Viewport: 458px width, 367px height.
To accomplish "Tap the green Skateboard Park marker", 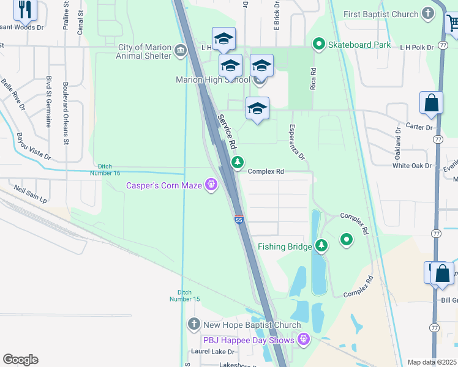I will pyautogui.click(x=318, y=44).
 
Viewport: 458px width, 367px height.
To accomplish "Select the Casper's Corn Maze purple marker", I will pyautogui.click(x=212, y=184).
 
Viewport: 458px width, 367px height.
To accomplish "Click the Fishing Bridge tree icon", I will pyautogui.click(x=321, y=246).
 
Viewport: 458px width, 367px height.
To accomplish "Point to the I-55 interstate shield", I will pyautogui.click(x=238, y=219).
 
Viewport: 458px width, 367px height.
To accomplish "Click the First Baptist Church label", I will pyautogui.click(x=381, y=14).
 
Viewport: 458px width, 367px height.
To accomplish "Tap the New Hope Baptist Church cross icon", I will pyautogui.click(x=193, y=324).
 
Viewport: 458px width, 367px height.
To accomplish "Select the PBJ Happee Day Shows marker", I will pyautogui.click(x=303, y=338).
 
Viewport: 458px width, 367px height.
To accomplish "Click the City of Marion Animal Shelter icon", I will pyautogui.click(x=181, y=51).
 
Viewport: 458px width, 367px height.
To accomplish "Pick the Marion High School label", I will pyautogui.click(x=212, y=80).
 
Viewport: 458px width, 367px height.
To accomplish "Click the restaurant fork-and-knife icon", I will pyautogui.click(x=25, y=9).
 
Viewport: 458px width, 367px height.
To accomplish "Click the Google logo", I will pyautogui.click(x=21, y=360).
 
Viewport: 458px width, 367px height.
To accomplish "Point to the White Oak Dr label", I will pyautogui.click(x=413, y=166).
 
